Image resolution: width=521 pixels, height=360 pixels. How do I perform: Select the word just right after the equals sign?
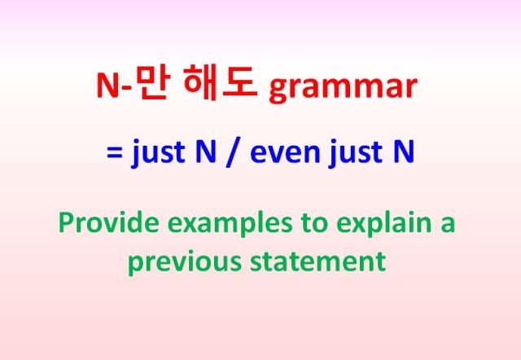click(x=159, y=155)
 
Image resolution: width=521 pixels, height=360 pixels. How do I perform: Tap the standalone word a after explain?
click(x=447, y=223)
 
